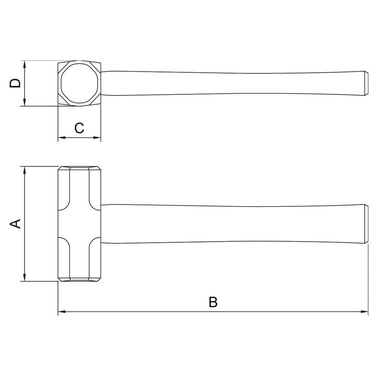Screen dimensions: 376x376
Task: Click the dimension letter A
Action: [15, 224]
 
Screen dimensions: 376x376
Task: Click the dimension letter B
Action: [213, 302]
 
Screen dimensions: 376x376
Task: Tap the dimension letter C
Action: [79, 128]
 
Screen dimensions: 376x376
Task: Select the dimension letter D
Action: [15, 83]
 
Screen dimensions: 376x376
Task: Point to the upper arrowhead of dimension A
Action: [24, 170]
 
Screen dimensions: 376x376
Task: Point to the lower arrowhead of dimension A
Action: [24, 277]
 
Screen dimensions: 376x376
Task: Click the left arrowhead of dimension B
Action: [62, 312]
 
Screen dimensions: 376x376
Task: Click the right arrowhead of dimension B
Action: [364, 312]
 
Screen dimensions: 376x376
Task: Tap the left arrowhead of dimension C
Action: [62, 138]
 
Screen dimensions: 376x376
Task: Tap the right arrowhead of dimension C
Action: [97, 138]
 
